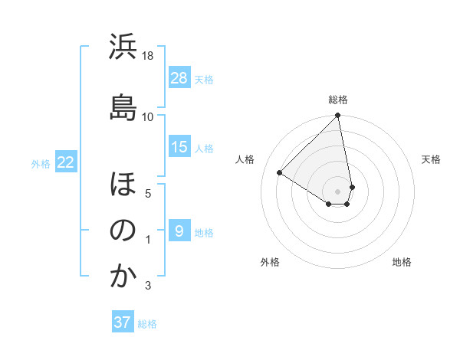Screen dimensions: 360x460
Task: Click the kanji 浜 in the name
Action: pyautogui.click(x=123, y=47)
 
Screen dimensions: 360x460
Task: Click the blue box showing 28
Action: pyautogui.click(x=179, y=78)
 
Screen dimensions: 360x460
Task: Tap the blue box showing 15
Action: pyautogui.click(x=179, y=147)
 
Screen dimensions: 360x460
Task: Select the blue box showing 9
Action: pyautogui.click(x=179, y=231)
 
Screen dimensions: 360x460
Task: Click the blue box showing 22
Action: pyautogui.click(x=66, y=162)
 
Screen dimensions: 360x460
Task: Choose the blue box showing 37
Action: pyautogui.click(x=123, y=322)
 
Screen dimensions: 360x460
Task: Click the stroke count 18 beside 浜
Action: pyautogui.click(x=148, y=56)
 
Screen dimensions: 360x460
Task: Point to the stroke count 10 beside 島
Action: pyautogui.click(x=148, y=116)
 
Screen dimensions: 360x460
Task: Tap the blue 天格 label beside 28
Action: pyautogui.click(x=204, y=79)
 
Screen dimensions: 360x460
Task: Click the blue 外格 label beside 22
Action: pyautogui.click(x=41, y=163)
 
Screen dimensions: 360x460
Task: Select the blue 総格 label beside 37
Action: pyautogui.click(x=147, y=323)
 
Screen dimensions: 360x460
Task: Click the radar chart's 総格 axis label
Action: pyautogui.click(x=338, y=100)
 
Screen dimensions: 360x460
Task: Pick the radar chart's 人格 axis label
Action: pyautogui.click(x=245, y=159)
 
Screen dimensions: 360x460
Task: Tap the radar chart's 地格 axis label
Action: pyautogui.click(x=402, y=262)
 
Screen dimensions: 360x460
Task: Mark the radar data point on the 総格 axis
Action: pyautogui.click(x=338, y=116)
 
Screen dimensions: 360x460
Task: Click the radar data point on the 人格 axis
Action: pyautogui.click(x=280, y=172)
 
